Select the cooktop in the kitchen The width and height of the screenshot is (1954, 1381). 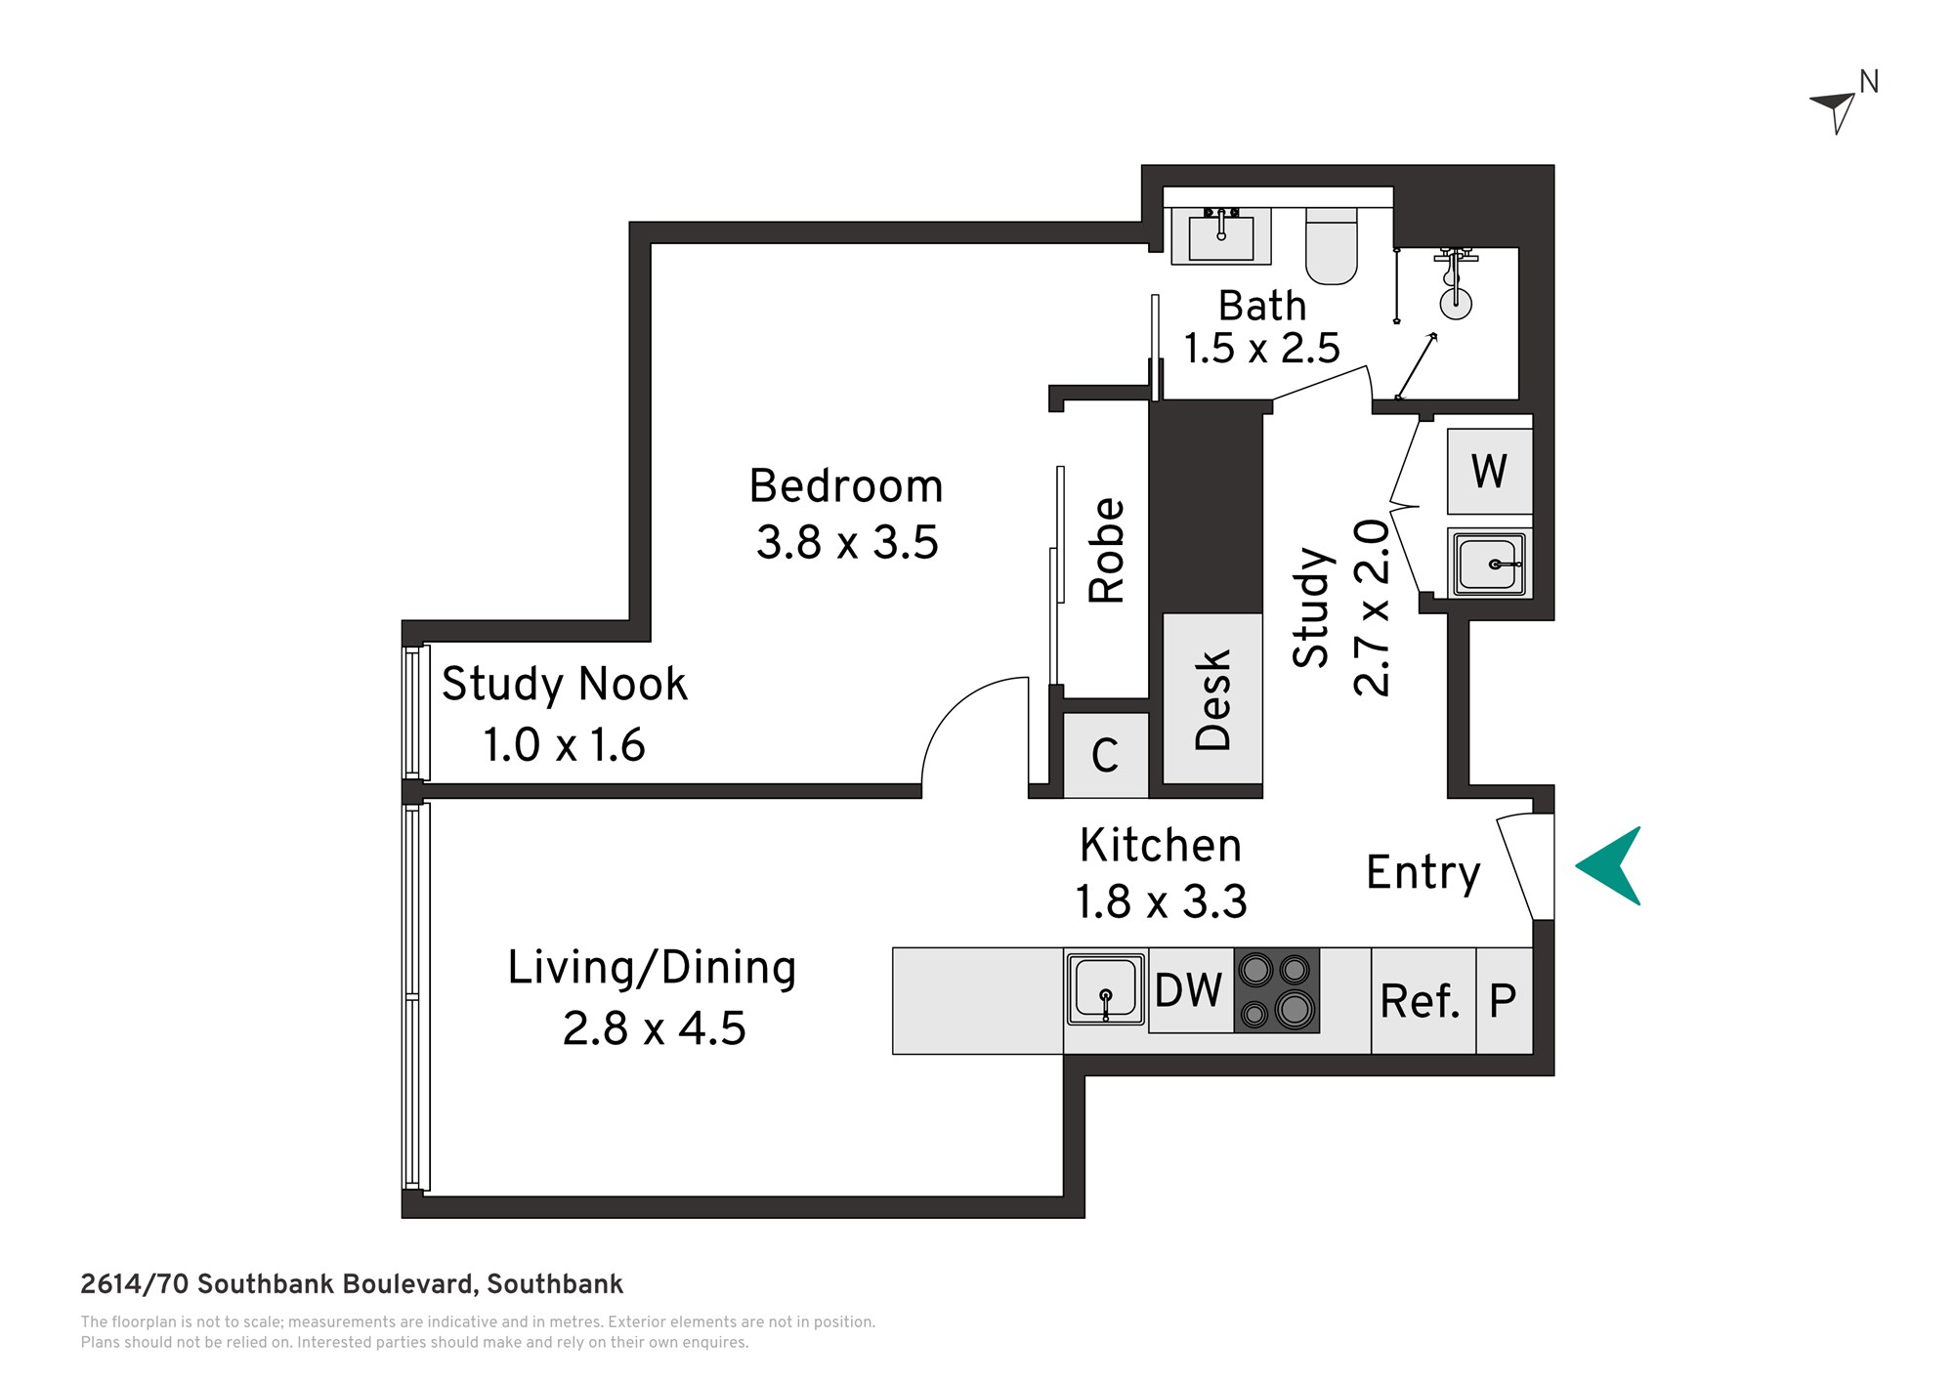pos(1276,990)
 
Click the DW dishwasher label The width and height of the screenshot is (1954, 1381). pos(1189,990)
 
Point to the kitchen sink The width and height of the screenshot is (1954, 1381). pos(1106,989)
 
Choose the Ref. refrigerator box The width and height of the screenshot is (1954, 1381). pos(1423,1001)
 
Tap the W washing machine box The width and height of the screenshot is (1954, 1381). pos(1490,472)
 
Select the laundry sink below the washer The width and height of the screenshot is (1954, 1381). pos(1490,564)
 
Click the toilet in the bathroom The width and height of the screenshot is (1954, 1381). pos(1332,245)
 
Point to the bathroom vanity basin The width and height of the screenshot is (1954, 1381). pos(1221,236)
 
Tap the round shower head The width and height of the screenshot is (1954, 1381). pos(1456,303)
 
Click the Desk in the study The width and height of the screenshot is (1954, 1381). pos(1212,698)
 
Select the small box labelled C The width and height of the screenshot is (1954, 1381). pos(1106,755)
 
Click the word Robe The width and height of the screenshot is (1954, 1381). pos(1107,551)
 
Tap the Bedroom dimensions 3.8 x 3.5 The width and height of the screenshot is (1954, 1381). pos(847,542)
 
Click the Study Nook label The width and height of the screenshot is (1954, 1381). pos(565,684)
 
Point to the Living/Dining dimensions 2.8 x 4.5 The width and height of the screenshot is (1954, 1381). pos(655,1028)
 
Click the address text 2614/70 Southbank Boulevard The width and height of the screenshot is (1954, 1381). pos(279,1284)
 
